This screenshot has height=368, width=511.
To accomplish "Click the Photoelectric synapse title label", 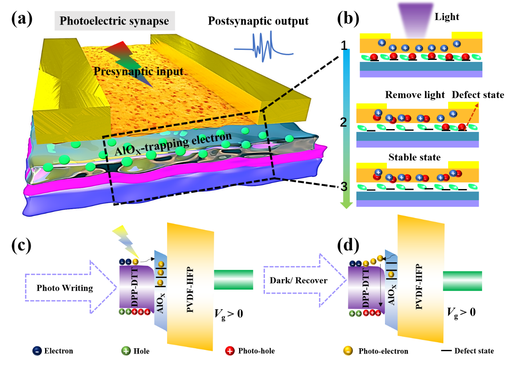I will (x=114, y=21).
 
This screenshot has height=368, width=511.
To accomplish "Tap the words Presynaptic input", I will (x=138, y=72).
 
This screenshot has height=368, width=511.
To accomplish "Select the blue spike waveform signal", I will (x=264, y=47).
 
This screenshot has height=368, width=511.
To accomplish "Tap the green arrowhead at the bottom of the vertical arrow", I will (x=346, y=205).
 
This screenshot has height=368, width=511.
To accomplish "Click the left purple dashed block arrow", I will (x=71, y=286).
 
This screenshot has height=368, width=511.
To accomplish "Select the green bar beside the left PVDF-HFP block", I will (x=234, y=280).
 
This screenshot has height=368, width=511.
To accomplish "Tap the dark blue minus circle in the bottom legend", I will (x=37, y=351).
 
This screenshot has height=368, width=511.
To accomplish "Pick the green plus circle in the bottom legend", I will (x=126, y=351).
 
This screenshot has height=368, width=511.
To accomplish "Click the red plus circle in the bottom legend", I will (x=230, y=351).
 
